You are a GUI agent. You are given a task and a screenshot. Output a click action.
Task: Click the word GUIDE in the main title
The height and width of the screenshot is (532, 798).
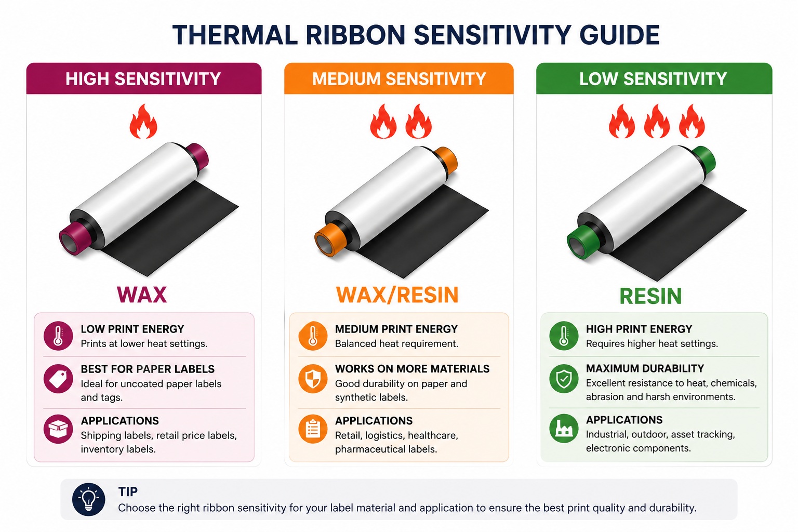(x=619, y=35)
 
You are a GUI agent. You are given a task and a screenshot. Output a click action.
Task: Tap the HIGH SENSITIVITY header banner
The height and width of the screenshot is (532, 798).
(x=144, y=78)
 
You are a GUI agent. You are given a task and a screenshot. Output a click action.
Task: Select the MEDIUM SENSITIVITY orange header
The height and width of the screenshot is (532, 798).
(x=399, y=78)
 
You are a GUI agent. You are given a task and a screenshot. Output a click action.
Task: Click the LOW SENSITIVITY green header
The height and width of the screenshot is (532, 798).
(x=654, y=78)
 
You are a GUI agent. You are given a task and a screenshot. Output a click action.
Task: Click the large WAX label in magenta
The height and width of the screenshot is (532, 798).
(x=142, y=295)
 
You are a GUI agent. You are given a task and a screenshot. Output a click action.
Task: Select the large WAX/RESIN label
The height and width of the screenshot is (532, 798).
(x=397, y=295)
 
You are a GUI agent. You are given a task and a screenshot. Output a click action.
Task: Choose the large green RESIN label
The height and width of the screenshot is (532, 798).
(x=650, y=296)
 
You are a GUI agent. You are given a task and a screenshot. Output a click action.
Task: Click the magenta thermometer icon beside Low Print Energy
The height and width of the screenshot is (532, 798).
(x=58, y=336)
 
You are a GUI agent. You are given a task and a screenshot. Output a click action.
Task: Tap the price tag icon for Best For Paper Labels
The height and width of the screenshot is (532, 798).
(x=58, y=379)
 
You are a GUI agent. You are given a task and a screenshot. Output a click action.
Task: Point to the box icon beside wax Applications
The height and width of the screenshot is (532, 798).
(x=58, y=429)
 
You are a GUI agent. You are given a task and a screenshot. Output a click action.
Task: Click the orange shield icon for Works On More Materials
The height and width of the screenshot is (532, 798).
(x=313, y=379)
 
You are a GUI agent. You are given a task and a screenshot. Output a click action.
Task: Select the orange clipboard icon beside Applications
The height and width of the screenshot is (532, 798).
(x=313, y=429)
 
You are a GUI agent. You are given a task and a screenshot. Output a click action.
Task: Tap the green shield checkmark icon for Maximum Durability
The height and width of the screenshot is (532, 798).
(x=564, y=378)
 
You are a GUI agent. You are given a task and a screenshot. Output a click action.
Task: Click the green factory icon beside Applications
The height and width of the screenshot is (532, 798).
(x=564, y=428)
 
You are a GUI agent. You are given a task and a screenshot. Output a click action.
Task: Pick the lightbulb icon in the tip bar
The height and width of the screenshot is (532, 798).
(x=89, y=499)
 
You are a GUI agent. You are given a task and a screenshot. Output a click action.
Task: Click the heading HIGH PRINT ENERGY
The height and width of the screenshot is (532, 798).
(x=639, y=329)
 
